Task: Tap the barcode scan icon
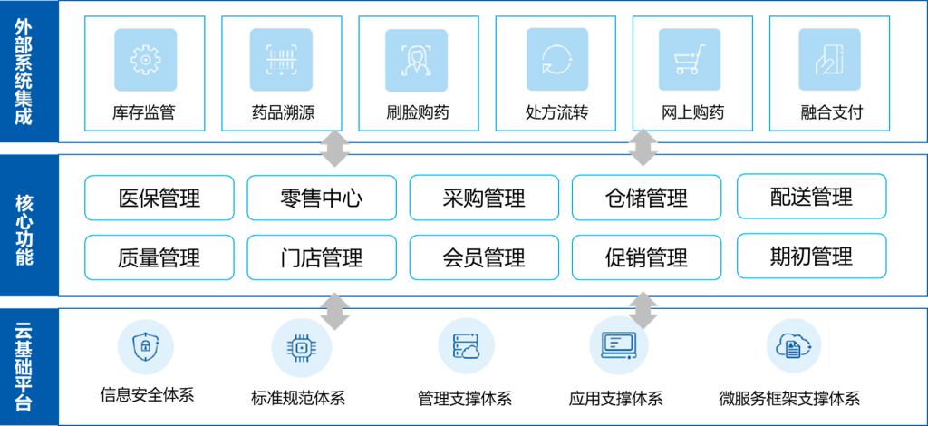tap(281, 60)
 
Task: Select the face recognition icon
tap(417, 60)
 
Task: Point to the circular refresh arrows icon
tap(556, 60)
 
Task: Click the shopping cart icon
tap(690, 60)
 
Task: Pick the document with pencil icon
tap(829, 60)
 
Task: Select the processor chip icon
tap(302, 348)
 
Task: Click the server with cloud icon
tap(465, 344)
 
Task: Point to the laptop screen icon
tap(620, 344)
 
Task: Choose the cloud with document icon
tap(793, 344)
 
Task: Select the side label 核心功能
tap(24, 228)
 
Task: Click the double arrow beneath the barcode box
tap(334, 149)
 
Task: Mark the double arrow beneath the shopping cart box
tap(643, 148)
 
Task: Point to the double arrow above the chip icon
tap(335, 311)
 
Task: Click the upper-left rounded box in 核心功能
tap(159, 198)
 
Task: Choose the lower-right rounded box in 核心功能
tap(811, 256)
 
